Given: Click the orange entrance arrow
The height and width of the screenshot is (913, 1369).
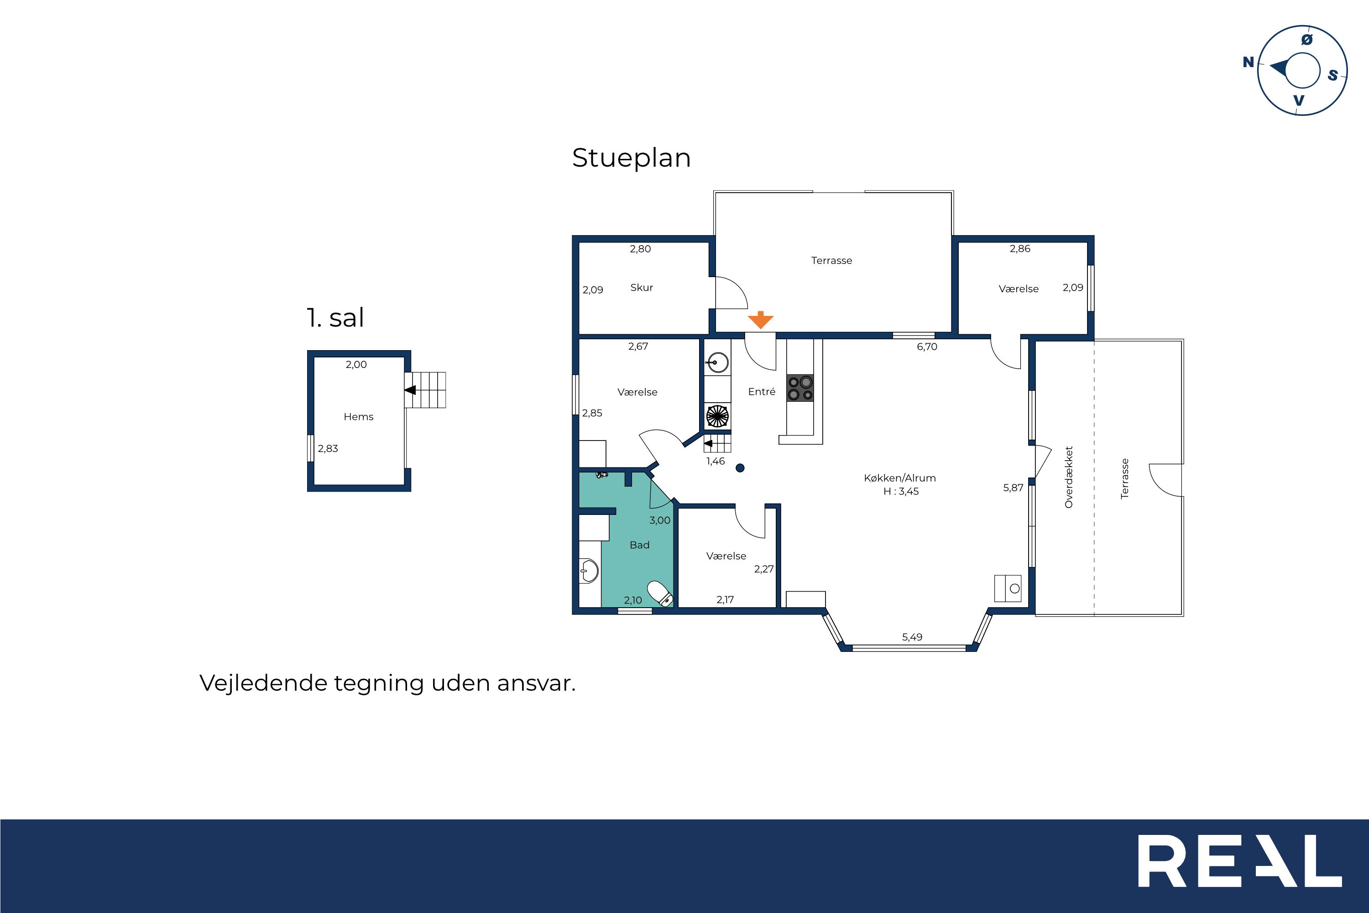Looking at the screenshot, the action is pos(760,320).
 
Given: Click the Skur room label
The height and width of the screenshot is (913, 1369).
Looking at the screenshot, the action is pos(642,288).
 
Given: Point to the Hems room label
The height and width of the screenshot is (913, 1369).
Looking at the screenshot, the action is pos(359,417).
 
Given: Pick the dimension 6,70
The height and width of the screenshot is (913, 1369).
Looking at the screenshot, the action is pos(927,347).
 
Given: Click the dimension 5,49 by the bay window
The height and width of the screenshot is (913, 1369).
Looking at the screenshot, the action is pos(912,637).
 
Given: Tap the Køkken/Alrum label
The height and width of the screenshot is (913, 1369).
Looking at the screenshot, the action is pos(900,478).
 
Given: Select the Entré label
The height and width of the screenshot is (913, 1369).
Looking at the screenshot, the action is pos(762,392).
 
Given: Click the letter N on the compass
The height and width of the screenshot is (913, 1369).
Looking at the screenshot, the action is pos(1249,62).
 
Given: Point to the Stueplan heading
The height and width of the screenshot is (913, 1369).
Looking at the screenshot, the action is pos(632,158).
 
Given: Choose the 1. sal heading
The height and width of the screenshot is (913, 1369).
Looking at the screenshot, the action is pos(335,318).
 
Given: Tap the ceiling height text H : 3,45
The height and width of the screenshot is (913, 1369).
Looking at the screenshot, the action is pos(901,492).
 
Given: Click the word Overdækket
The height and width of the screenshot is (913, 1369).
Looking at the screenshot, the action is pos(1069,477).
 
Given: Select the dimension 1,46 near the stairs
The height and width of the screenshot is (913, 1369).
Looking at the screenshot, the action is pos(716,461).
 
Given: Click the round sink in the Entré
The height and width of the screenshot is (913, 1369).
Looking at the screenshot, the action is pos(719,362).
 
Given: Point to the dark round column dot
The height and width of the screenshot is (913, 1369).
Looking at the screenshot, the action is pos(740,467).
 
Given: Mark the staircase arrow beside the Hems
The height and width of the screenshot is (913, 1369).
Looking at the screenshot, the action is pos(410,389).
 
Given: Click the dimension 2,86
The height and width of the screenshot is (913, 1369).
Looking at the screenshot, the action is pos(1020,249).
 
